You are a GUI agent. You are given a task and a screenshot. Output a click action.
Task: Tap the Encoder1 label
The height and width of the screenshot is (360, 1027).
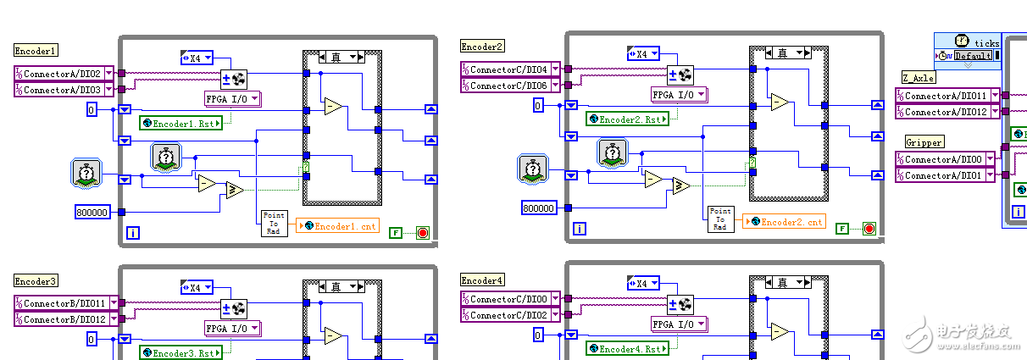click(36, 51)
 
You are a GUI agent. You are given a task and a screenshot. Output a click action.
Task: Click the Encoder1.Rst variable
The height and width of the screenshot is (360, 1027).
click(181, 123)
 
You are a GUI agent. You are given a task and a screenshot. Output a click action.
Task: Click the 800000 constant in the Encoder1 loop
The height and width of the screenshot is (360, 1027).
click(93, 213)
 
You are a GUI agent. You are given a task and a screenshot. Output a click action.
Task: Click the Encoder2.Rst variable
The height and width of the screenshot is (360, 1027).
click(627, 119)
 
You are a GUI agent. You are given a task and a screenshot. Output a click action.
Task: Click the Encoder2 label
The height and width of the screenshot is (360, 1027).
click(482, 47)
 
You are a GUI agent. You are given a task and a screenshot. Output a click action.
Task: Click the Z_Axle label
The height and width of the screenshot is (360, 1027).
click(918, 78)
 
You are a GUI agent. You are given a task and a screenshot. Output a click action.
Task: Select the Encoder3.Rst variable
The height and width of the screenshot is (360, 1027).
click(181, 352)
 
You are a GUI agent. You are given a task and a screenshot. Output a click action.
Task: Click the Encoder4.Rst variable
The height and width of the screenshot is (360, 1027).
click(627, 348)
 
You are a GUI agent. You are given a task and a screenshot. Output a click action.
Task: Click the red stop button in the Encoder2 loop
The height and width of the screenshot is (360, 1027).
click(869, 228)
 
